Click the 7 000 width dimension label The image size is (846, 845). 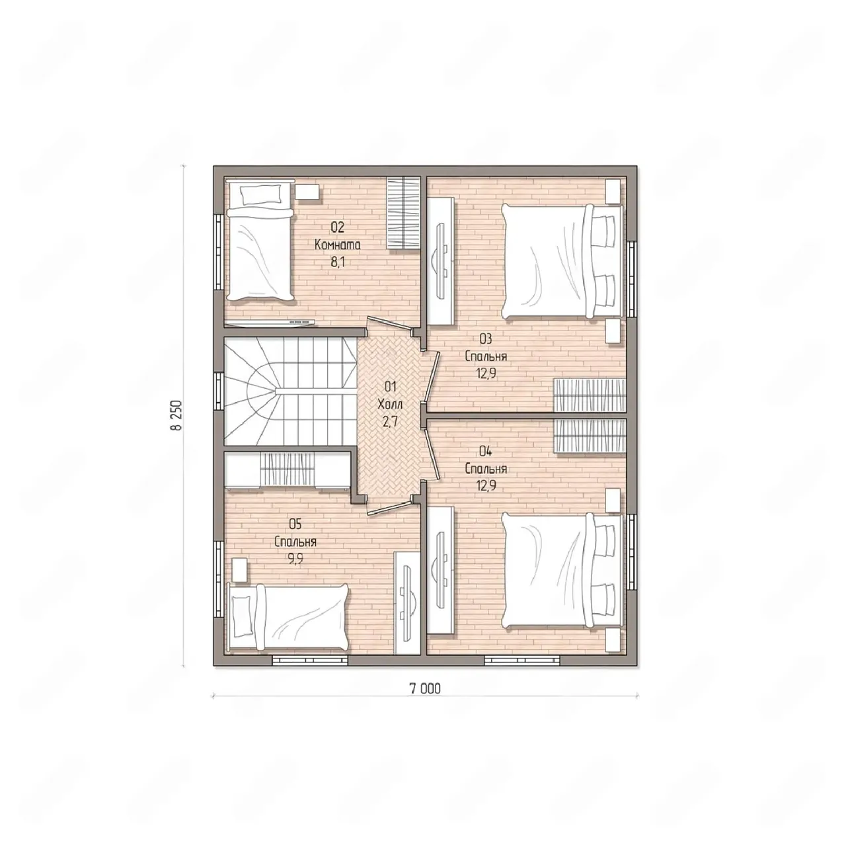tap(425, 689)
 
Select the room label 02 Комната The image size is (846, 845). tap(338, 236)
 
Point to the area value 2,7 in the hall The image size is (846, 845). tap(390, 422)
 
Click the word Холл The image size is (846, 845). tap(390, 404)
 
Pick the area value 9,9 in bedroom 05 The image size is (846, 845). tap(295, 559)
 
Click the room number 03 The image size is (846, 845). tap(486, 339)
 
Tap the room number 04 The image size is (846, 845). tap(486, 451)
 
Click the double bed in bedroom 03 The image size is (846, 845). tap(562, 262)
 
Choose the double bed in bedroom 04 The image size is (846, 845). tap(562, 571)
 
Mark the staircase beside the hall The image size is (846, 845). tap(291, 391)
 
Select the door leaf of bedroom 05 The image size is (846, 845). tap(389, 508)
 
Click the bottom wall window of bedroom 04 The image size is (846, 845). tap(522, 659)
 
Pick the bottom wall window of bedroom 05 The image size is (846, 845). tap(310, 659)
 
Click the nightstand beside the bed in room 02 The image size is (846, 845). tap(307, 192)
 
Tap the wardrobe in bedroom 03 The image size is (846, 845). tap(589, 394)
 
